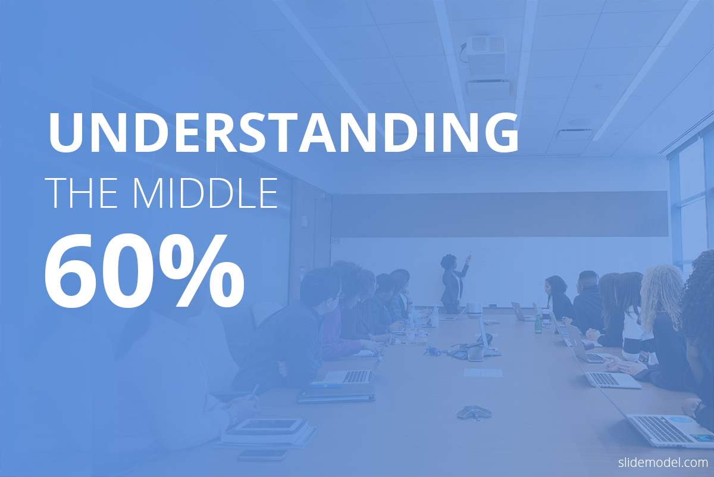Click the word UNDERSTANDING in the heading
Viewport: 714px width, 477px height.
(x=283, y=132)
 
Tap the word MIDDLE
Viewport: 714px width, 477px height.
(x=205, y=193)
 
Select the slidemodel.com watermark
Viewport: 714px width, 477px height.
(x=663, y=462)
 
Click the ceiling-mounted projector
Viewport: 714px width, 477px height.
(x=485, y=54)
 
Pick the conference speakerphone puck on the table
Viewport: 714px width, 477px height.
(x=474, y=412)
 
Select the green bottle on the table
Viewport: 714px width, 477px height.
(x=538, y=324)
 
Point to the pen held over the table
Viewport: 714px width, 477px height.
(x=254, y=392)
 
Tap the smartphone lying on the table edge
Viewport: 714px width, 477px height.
(x=262, y=455)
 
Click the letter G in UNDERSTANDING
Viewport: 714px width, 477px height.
(x=502, y=132)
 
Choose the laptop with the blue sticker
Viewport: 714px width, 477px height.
(x=669, y=429)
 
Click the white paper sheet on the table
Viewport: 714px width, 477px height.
(x=483, y=373)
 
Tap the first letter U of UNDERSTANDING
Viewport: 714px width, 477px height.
(x=66, y=133)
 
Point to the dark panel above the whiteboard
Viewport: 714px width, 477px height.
(x=499, y=214)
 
